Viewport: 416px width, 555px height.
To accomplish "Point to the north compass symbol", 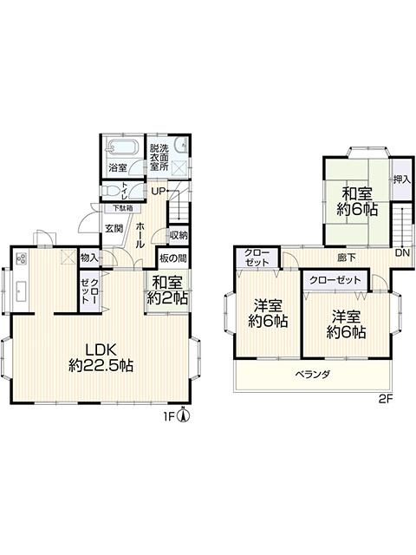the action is pyautogui.click(x=183, y=415).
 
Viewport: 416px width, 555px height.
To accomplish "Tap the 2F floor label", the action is pyautogui.click(x=386, y=400).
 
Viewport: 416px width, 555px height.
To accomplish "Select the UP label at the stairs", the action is pyautogui.click(x=158, y=192).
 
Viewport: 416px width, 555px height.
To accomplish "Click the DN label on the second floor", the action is pyautogui.click(x=402, y=252).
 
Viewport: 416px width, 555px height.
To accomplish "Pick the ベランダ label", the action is pyautogui.click(x=313, y=374).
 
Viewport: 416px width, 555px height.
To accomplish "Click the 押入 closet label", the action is pyautogui.click(x=402, y=180).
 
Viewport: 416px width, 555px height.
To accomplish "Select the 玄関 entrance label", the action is pyautogui.click(x=114, y=229).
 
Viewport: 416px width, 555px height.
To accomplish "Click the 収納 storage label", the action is pyautogui.click(x=179, y=235).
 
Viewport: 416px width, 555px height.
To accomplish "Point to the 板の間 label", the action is pyautogui.click(x=172, y=258).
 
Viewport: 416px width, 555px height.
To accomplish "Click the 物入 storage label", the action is pyautogui.click(x=88, y=258).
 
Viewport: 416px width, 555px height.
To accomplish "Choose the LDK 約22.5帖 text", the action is pyautogui.click(x=101, y=357).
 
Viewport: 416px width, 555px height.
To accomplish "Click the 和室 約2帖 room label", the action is pyautogui.click(x=167, y=291).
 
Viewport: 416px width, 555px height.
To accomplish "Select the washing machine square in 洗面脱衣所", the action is pyautogui.click(x=179, y=167).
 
